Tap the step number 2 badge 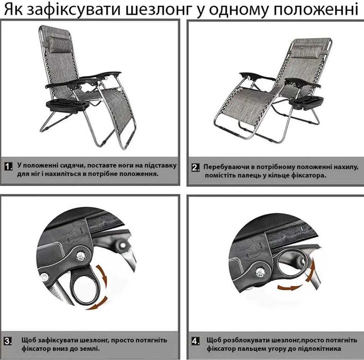196,168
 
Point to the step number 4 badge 196,341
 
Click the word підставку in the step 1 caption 157,166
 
